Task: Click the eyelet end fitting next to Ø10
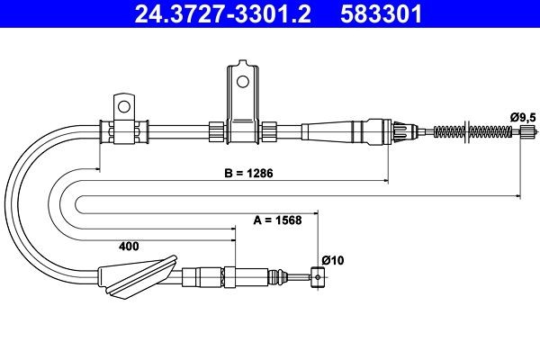click(317, 277)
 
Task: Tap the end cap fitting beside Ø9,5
click(529, 132)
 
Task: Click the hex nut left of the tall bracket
click(215, 131)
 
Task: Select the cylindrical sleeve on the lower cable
click(212, 275)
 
